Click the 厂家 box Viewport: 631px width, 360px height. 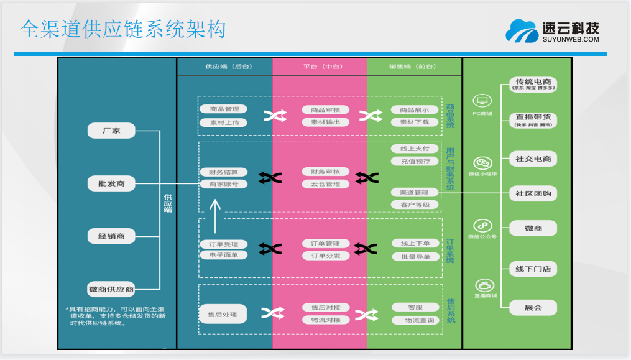click(111, 131)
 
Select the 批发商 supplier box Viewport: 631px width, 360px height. click(111, 183)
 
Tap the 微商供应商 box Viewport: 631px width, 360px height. click(111, 289)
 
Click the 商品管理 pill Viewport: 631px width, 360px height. click(224, 109)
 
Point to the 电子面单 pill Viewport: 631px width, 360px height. click(224, 255)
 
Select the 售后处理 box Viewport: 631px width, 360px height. click(223, 315)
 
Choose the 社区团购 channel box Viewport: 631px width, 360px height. click(533, 193)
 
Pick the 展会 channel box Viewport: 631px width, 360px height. click(533, 308)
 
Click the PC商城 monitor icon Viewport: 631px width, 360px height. click(482, 101)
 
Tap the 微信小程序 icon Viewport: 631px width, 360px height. click(482, 163)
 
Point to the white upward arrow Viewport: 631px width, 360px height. click(215, 215)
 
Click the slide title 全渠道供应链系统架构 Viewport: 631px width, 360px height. click(122, 29)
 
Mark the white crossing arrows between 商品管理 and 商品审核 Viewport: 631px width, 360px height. click(274, 116)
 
